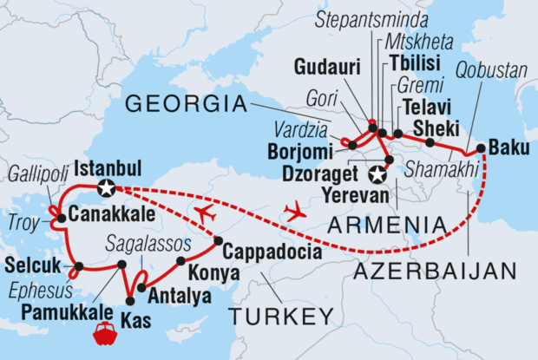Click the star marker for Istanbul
coord(107,187)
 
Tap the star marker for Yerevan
coord(377,175)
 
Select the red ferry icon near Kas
coord(105,334)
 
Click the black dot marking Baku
coord(481,147)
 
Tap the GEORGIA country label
coord(187,106)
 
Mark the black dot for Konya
coord(180,260)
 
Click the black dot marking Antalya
coord(141,286)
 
